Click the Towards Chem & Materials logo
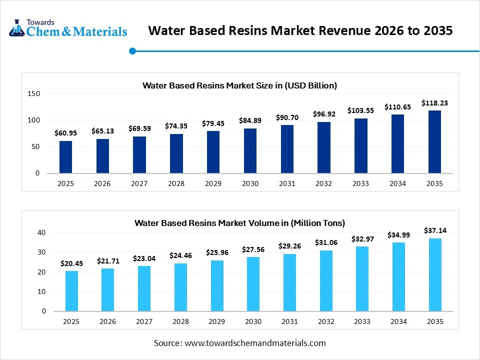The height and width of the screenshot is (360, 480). (x=68, y=28)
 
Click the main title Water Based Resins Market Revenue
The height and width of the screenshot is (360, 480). (x=300, y=30)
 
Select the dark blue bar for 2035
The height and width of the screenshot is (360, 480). (x=434, y=142)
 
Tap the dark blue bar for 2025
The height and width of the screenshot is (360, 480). (x=65, y=157)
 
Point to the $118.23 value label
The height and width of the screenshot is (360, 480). (x=434, y=102)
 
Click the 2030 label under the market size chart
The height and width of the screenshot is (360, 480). (x=250, y=183)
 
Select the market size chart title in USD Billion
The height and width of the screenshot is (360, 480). (x=239, y=85)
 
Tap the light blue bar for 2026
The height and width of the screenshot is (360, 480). (x=108, y=289)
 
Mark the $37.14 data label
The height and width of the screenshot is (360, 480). (x=434, y=230)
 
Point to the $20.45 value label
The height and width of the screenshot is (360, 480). (x=71, y=263)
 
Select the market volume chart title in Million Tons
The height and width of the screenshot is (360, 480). (x=239, y=223)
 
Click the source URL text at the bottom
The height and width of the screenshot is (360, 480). (x=239, y=343)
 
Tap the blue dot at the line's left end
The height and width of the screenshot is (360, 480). (x=132, y=50)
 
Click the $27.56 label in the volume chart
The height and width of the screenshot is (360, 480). (x=253, y=249)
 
